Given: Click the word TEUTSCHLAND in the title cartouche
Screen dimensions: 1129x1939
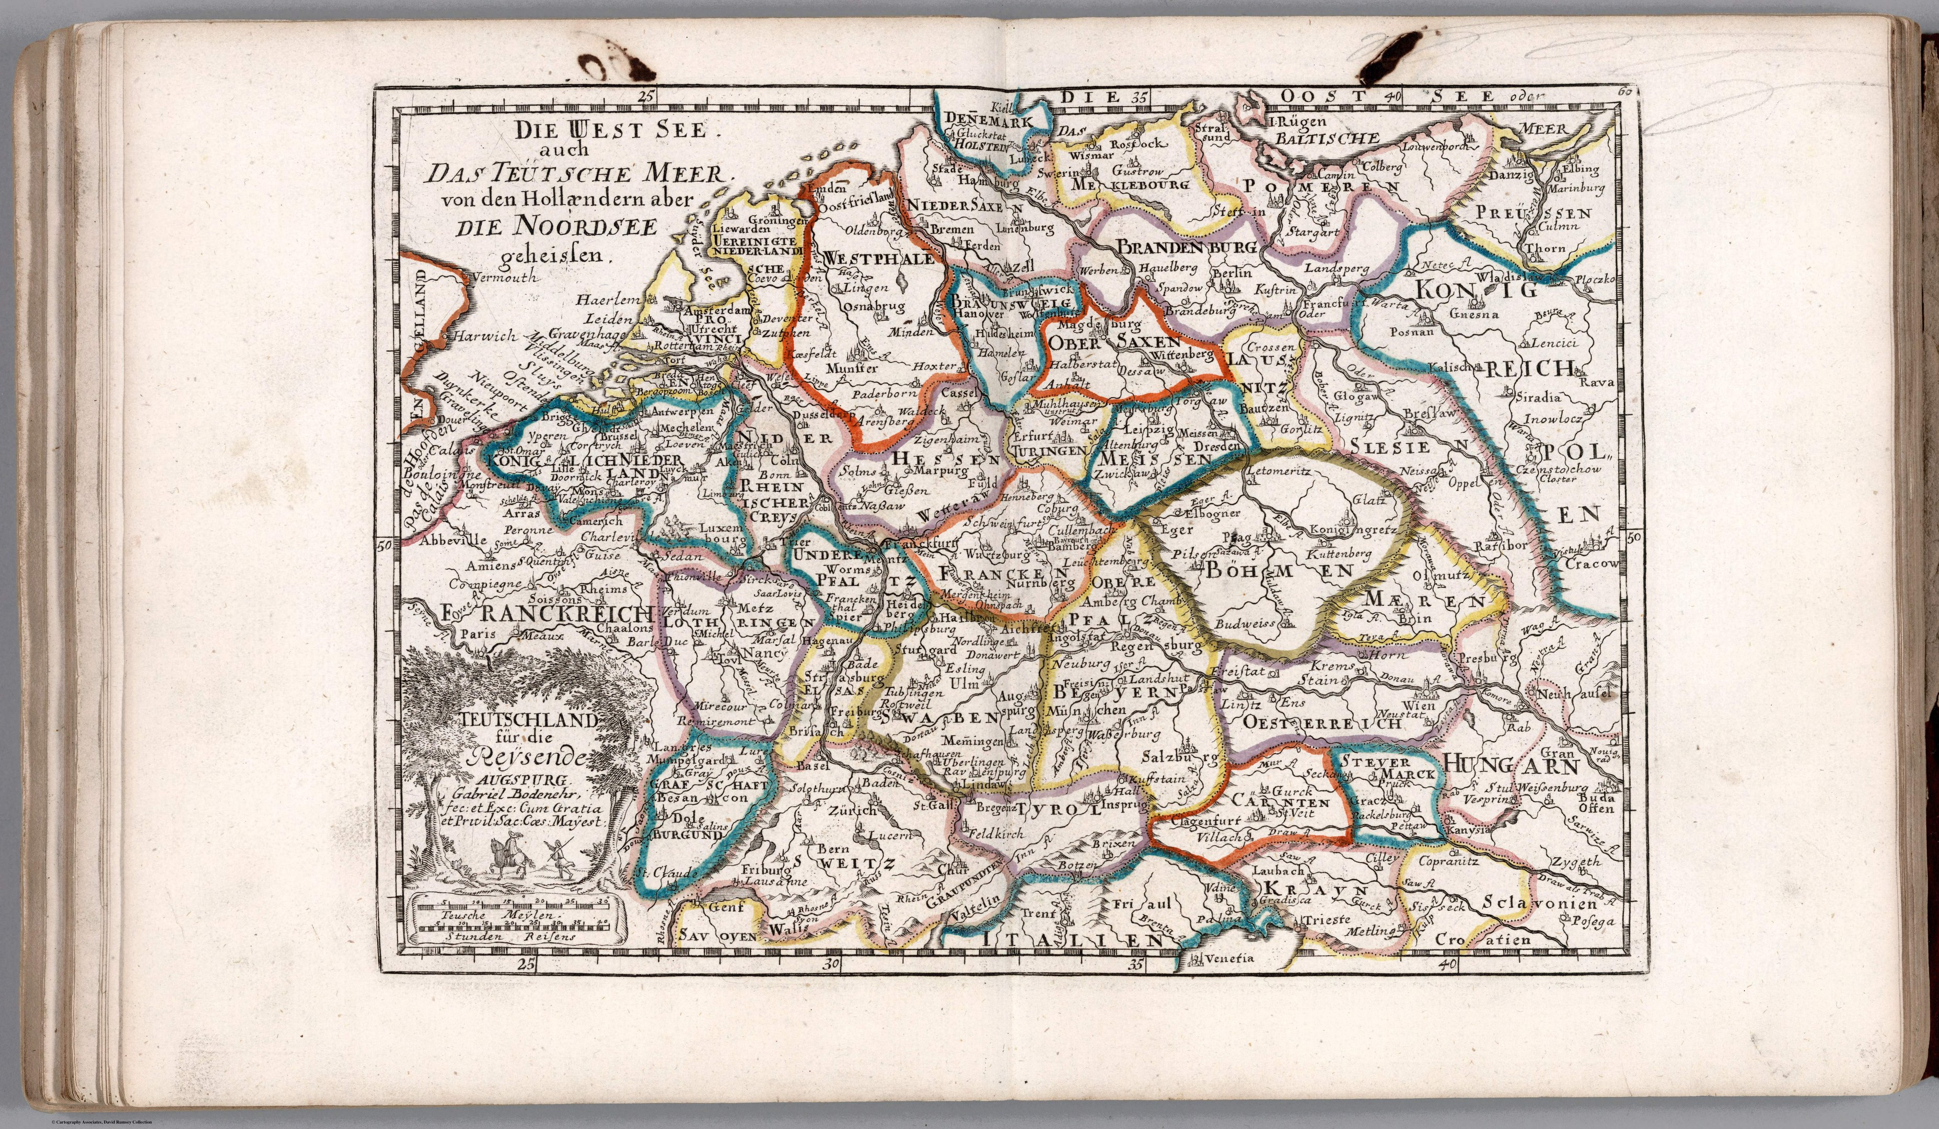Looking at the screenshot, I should [x=529, y=721].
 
